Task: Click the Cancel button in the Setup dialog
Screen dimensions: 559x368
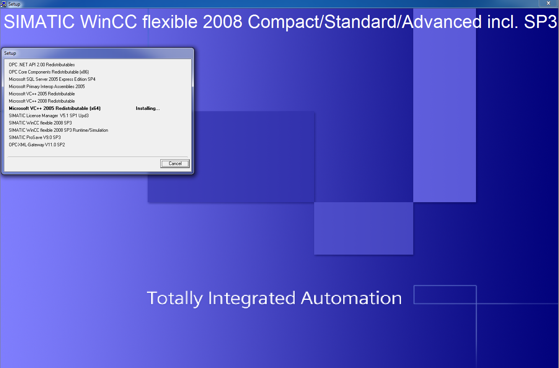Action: [175, 164]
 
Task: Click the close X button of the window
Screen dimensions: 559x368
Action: [548, 3]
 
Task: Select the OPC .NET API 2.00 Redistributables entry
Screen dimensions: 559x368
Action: [42, 65]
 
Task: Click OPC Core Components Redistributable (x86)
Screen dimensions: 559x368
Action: [49, 72]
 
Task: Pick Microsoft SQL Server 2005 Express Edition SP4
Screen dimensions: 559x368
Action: [52, 79]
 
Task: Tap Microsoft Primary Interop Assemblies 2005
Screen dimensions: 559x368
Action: [47, 87]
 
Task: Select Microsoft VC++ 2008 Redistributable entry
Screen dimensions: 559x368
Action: [42, 101]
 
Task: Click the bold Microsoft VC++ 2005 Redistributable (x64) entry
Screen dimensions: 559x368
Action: [55, 108]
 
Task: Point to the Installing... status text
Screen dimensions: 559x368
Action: [148, 108]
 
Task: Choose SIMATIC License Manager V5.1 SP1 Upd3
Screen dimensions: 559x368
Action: [49, 115]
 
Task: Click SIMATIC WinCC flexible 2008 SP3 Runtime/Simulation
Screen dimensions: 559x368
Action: [59, 130]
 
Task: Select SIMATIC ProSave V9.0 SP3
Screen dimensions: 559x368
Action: [35, 137]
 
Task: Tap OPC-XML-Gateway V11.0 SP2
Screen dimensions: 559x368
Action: [37, 145]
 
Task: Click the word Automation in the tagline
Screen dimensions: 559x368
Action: [351, 298]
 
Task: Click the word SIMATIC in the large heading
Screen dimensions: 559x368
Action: [39, 21]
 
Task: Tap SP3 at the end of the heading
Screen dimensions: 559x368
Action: [540, 21]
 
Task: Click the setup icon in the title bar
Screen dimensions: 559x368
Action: [3, 4]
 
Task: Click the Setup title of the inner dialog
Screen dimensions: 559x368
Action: [10, 53]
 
